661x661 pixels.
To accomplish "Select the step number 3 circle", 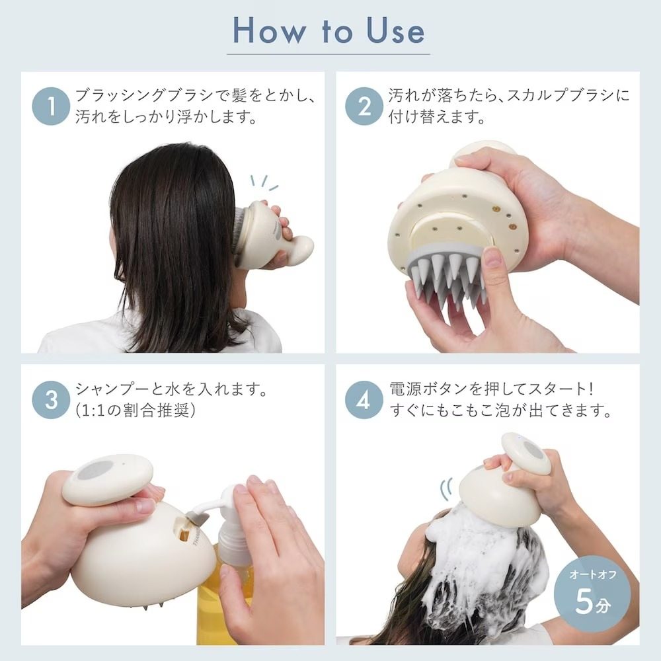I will tap(51, 399).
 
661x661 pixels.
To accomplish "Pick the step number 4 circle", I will tap(364, 399).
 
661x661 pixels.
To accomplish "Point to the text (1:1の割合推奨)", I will tap(136, 410).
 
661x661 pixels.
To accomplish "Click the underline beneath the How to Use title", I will tap(329, 54).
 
